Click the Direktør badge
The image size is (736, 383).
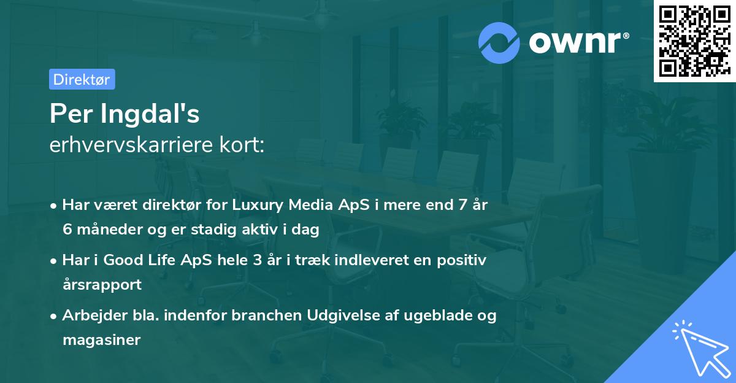82,79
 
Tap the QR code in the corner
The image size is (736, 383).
694,41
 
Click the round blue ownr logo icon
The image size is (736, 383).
499,43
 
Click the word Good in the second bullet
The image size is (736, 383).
121,261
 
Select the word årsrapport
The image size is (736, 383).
102,285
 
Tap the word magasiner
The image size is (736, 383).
102,340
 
